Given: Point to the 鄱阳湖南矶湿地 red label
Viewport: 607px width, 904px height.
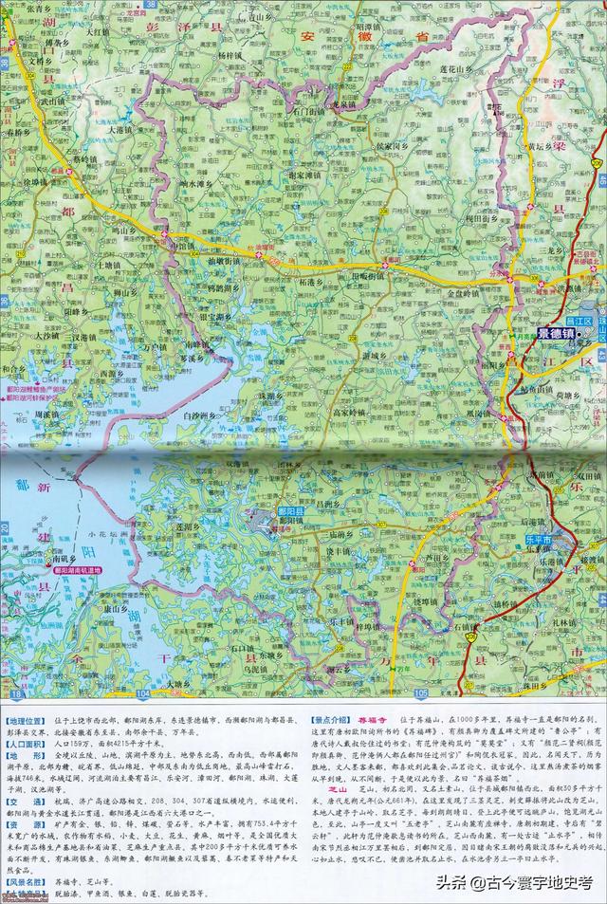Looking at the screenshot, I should pos(81,572).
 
